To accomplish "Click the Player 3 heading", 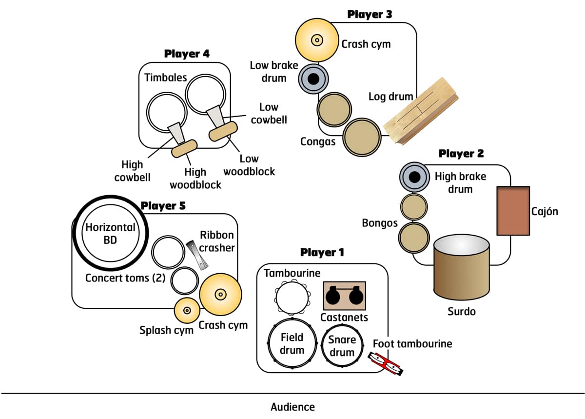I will pos(369,15).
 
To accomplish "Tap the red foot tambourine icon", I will pos(386,363).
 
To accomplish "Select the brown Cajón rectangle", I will pos(513,211).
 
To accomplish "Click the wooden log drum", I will pos(421,111).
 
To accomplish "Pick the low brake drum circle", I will pos(313,78).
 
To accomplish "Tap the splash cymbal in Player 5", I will pos(187,310).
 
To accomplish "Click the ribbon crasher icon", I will pos(197,254).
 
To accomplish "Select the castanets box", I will pos(345,295).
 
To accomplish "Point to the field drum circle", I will pos(292,344).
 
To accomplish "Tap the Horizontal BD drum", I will pos(111,234).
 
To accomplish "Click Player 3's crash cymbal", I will pos(316,40).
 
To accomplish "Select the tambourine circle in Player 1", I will pos(292,298).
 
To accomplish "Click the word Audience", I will pos(292,407).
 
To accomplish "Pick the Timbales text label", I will pos(165,78).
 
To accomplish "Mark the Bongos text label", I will pos(380,223).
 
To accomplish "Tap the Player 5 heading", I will pos(163,206).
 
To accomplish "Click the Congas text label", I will pos(318,142).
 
